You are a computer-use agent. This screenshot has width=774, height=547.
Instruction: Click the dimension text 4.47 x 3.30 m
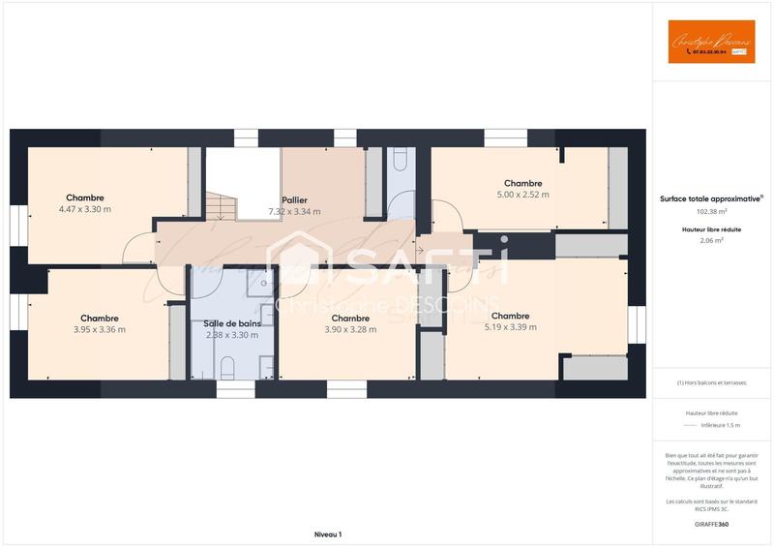point(85,209)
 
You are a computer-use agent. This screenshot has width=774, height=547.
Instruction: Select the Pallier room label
point(294,199)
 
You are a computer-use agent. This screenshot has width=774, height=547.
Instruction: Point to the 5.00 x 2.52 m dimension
point(522,195)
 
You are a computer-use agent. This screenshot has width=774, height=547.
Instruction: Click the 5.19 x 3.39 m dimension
point(510,327)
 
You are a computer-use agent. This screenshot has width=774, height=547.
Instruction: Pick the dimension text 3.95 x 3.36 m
point(100,329)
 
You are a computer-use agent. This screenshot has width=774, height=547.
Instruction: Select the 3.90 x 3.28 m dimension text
point(350,329)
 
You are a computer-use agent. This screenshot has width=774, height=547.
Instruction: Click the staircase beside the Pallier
point(221,205)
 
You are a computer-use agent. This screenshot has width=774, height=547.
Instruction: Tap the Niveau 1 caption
point(328,534)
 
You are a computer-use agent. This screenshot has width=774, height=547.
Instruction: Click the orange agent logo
point(711,42)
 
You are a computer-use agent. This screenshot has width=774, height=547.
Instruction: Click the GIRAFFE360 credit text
point(711,524)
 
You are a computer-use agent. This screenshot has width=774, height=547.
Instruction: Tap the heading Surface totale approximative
point(710,198)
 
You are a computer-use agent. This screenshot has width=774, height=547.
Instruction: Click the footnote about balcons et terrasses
point(711,382)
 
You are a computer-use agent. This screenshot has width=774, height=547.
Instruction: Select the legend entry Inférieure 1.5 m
point(719,425)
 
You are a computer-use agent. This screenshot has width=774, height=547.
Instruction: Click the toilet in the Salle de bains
point(227,367)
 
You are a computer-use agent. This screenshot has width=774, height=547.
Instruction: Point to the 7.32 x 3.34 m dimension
point(294,211)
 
